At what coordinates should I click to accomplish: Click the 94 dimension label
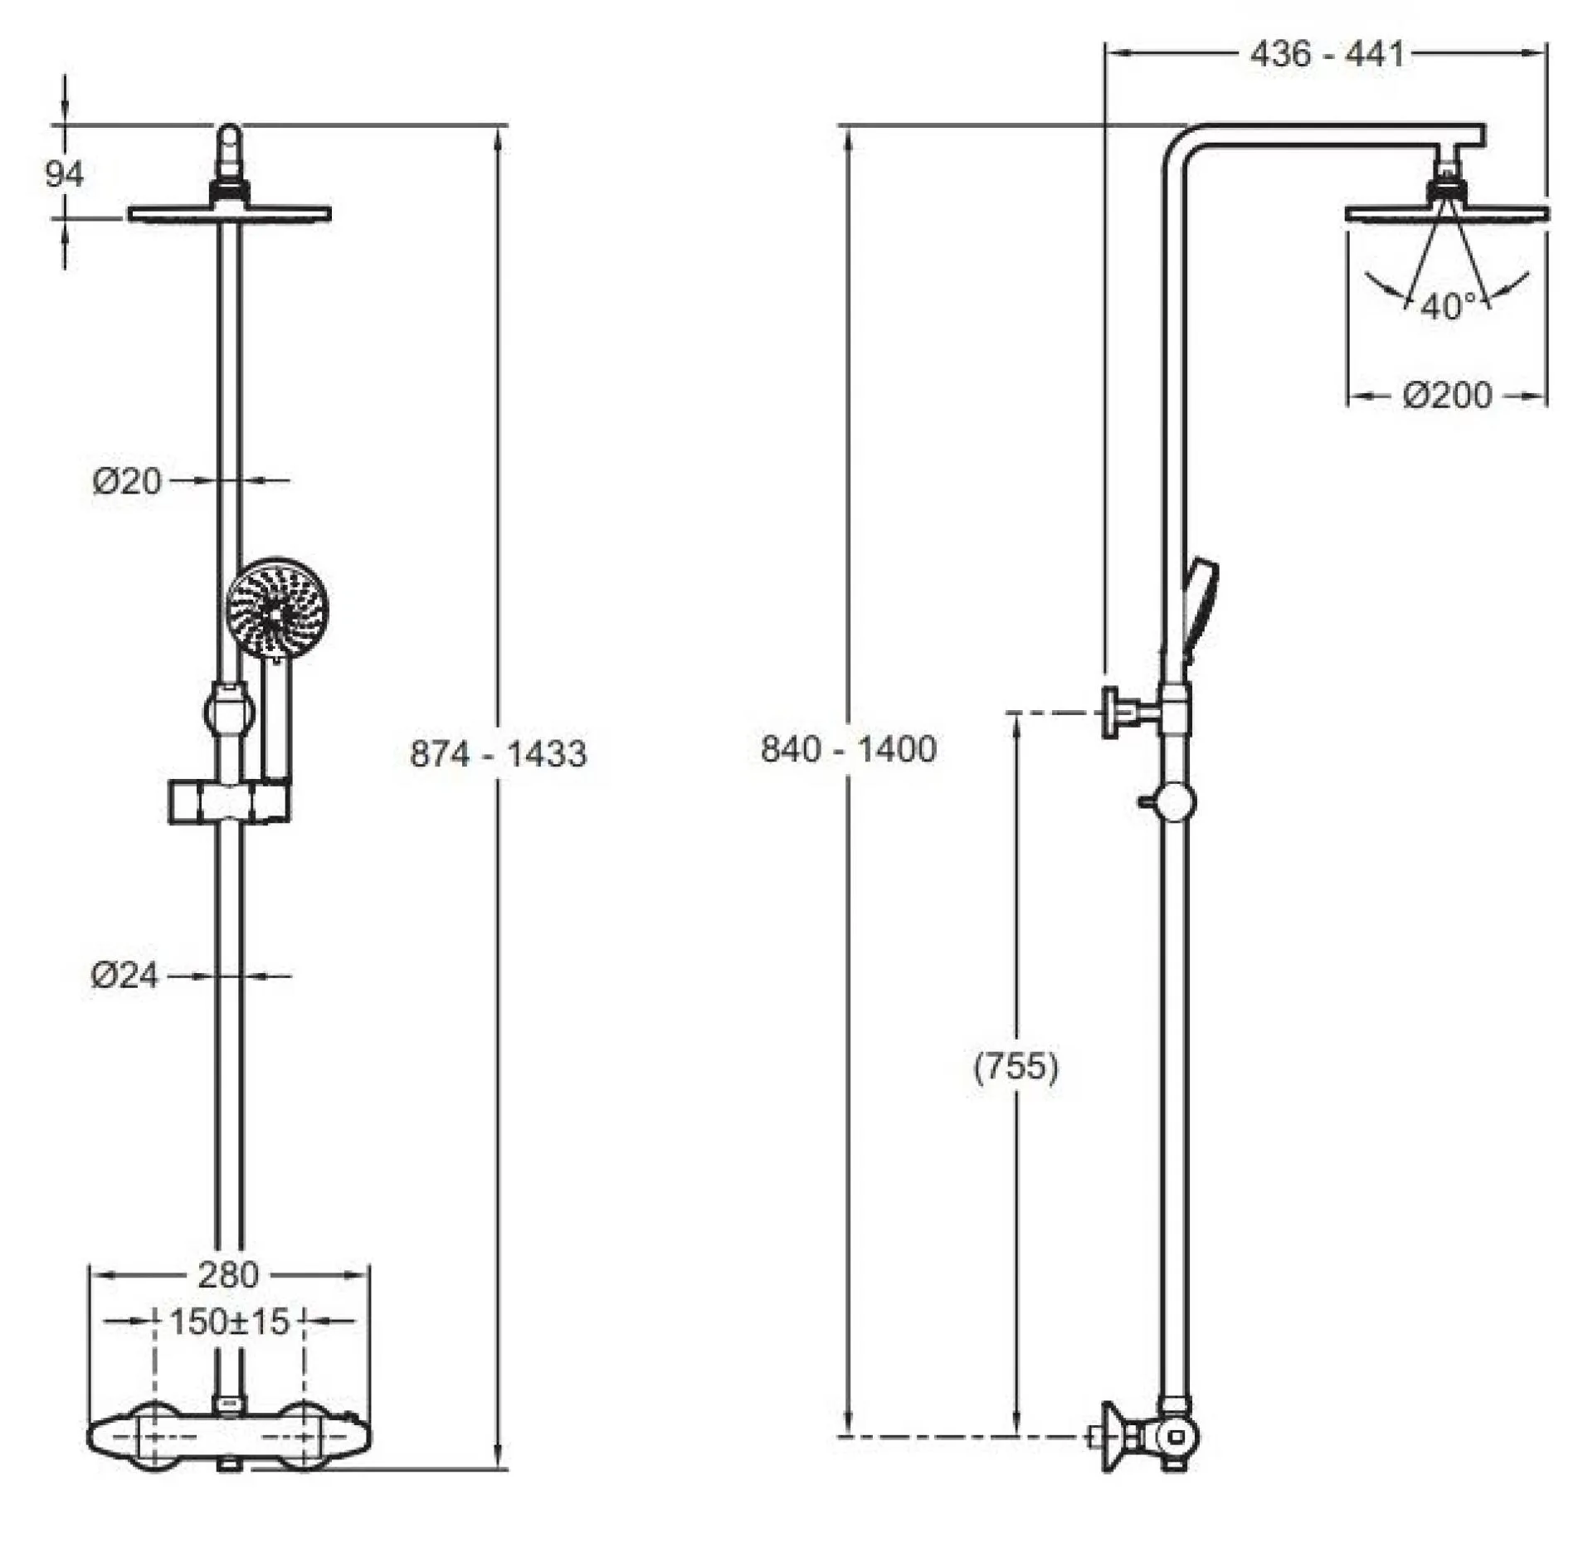click(64, 174)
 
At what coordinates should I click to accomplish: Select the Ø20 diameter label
click(127, 481)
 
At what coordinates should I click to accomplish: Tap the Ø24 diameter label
click(124, 976)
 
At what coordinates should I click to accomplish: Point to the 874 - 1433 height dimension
click(499, 754)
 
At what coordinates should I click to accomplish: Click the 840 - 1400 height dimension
click(849, 749)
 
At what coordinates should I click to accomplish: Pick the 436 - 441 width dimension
click(1327, 54)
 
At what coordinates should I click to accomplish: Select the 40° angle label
click(1448, 307)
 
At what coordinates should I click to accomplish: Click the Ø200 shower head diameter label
click(1447, 396)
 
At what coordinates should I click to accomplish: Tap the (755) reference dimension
click(1016, 1066)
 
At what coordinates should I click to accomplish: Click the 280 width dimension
click(228, 1274)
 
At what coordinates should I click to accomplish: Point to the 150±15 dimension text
click(229, 1322)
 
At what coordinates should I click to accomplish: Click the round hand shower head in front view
click(277, 609)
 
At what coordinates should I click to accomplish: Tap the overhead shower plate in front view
click(229, 214)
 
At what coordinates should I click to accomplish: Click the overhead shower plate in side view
click(1446, 214)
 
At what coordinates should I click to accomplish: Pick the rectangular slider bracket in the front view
click(229, 801)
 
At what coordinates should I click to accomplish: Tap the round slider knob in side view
click(1176, 801)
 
